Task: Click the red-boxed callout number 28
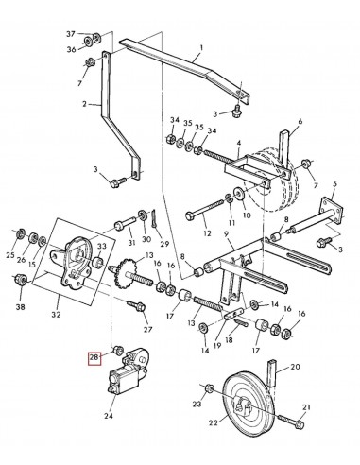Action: (x=94, y=357)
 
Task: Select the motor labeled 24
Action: (x=127, y=370)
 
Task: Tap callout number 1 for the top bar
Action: (x=201, y=48)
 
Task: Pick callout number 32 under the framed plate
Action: (x=56, y=314)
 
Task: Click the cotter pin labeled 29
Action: (x=154, y=217)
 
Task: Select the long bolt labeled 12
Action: (x=205, y=211)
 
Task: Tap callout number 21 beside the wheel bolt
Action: (x=306, y=407)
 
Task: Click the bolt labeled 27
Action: (x=136, y=305)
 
